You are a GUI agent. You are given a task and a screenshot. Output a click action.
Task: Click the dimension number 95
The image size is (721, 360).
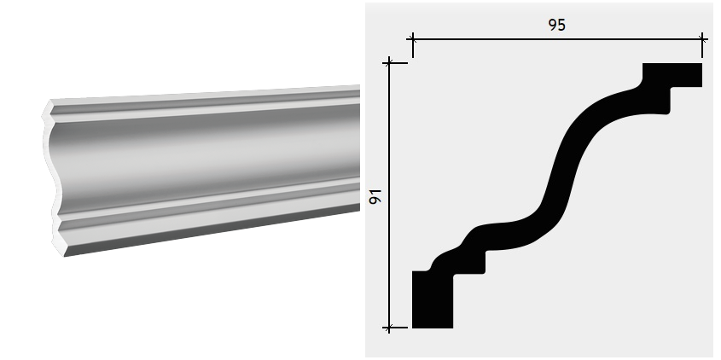(556, 25)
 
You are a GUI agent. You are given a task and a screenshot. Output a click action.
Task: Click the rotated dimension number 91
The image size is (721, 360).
(375, 196)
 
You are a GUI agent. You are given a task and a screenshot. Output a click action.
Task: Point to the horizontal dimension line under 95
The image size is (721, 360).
(557, 39)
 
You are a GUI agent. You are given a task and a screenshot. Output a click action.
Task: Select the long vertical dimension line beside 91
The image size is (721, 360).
(389, 195)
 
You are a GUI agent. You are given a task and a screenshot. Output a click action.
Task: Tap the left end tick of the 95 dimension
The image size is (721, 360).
(412, 39)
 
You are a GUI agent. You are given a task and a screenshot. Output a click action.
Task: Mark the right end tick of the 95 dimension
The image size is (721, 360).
(702, 39)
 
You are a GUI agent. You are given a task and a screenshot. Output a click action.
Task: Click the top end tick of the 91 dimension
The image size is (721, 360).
(389, 63)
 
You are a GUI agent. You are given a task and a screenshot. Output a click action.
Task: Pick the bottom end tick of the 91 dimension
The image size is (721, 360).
(389, 328)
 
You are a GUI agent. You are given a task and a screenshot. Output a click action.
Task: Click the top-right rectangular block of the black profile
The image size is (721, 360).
(672, 75)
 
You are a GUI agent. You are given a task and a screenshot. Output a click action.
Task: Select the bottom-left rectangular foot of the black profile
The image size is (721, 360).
(433, 299)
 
